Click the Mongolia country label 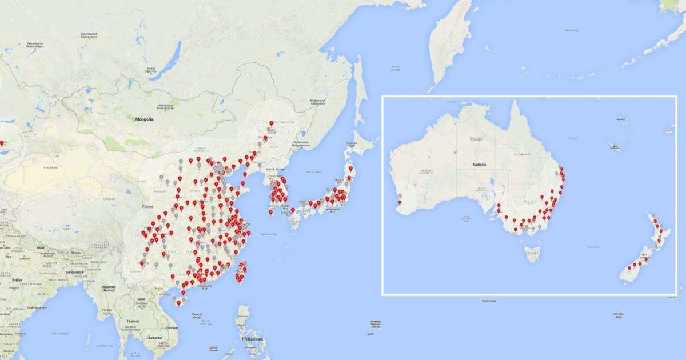[x=143, y=119]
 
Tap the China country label [x=148, y=206]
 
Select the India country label [x=17, y=280]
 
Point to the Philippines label [x=252, y=339]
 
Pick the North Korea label [x=271, y=169]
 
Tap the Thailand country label [x=132, y=322]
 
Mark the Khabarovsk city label [x=318, y=102]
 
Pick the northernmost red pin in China [x=271, y=122]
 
